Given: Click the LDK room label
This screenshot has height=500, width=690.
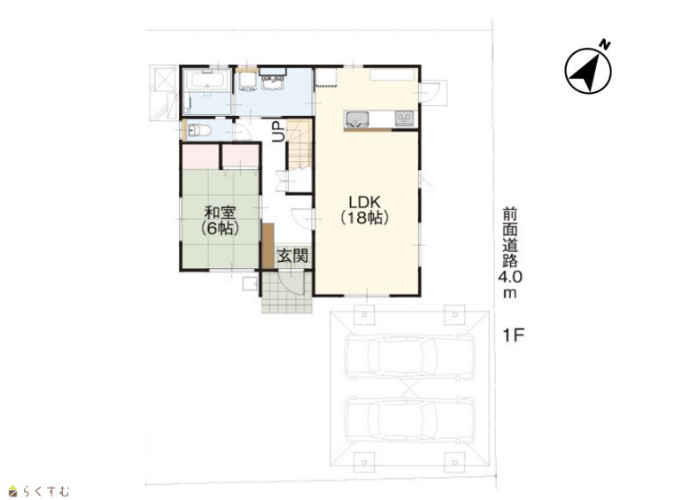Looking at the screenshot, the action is click(x=364, y=203).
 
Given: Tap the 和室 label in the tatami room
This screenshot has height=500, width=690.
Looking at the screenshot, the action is click(x=220, y=213).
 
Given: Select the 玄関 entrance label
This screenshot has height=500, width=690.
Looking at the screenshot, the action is click(x=292, y=256).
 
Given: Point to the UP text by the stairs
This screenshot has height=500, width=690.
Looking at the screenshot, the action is click(x=278, y=132).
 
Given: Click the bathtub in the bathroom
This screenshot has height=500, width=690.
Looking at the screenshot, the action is click(x=206, y=80).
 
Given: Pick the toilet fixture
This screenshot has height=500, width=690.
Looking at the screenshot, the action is click(x=199, y=130).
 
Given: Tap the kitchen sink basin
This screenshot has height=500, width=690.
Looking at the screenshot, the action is click(x=357, y=119).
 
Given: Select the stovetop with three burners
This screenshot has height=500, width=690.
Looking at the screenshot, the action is click(x=405, y=119).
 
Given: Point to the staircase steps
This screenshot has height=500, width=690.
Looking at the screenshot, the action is click(x=299, y=143).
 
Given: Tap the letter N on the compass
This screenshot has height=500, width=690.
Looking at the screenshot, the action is click(x=606, y=44).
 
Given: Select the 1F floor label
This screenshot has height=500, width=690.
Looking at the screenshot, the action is click(x=513, y=335).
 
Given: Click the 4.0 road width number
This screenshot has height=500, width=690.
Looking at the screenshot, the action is click(x=510, y=277).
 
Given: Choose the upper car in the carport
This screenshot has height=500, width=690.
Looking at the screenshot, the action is click(x=411, y=358).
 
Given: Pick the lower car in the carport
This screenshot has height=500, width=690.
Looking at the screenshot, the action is click(x=411, y=420).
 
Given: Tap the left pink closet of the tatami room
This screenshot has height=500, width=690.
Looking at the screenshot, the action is click(x=201, y=157).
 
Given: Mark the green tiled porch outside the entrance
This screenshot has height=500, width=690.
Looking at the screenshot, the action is click(x=287, y=292).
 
